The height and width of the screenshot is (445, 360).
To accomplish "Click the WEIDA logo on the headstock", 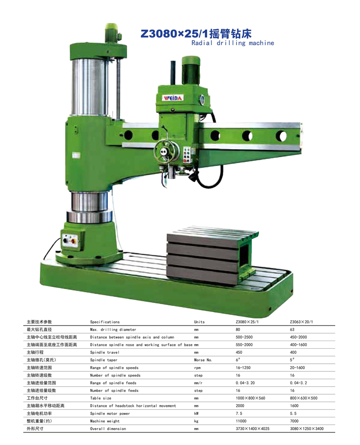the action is click(x=173, y=98).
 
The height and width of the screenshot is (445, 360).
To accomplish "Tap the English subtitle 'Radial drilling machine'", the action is click(x=233, y=43).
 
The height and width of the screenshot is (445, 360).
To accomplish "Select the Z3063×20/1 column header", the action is click(x=301, y=322).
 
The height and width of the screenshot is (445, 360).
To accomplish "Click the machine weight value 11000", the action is click(x=241, y=421).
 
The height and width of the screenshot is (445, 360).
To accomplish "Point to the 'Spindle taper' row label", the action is click(x=104, y=360).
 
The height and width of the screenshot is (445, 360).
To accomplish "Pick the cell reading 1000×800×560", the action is click(x=250, y=398).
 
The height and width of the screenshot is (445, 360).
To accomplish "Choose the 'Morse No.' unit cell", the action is click(x=203, y=360).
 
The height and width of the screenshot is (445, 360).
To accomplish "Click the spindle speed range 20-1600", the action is click(x=297, y=367).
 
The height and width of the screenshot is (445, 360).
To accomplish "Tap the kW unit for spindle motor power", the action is click(x=196, y=413).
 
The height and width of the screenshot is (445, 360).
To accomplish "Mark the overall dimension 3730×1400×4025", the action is click(x=252, y=429).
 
